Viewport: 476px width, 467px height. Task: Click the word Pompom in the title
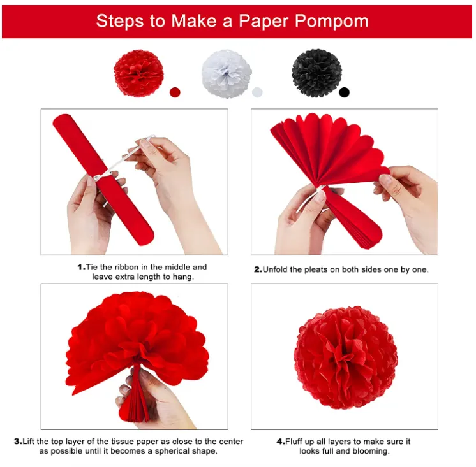tap(331, 22)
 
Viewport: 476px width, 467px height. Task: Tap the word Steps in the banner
tap(120, 22)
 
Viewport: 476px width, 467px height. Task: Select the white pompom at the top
tap(227, 74)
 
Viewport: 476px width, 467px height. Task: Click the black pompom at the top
tap(316, 73)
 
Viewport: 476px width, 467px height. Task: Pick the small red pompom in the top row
tap(138, 73)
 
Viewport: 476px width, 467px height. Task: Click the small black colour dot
tap(345, 92)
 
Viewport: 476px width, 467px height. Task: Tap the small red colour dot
tap(175, 92)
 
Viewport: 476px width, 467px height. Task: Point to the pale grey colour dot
tap(257, 92)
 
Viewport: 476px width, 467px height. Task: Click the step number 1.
tap(81, 268)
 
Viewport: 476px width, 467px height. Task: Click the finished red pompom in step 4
tap(345, 357)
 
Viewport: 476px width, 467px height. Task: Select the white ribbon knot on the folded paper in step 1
tap(99, 177)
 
